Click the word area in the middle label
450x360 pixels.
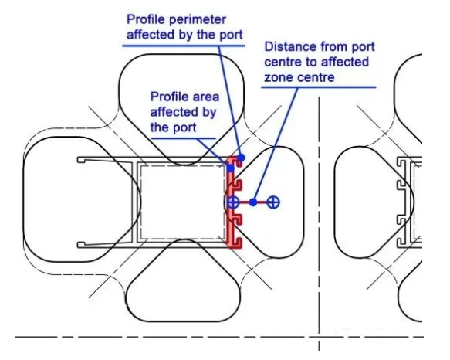click(x=206, y=97)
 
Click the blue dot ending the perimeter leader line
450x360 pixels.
click(x=241, y=158)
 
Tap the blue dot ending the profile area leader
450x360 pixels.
click(x=231, y=168)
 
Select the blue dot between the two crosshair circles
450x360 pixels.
click(x=253, y=202)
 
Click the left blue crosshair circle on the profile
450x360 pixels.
click(x=233, y=202)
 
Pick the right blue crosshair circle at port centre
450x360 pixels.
click(x=273, y=202)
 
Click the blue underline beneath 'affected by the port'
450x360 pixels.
click(x=184, y=46)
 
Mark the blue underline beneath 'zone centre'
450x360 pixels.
click(x=318, y=87)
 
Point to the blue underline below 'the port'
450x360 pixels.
click(x=183, y=138)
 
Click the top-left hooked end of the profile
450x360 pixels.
click(x=80, y=160)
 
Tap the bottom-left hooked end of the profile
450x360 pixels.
click(x=80, y=245)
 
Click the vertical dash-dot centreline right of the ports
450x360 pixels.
click(x=319, y=223)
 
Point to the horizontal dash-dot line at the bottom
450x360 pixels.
click(x=219, y=337)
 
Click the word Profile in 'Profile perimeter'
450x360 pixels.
click(x=146, y=19)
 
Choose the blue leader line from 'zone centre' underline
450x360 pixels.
click(x=276, y=144)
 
